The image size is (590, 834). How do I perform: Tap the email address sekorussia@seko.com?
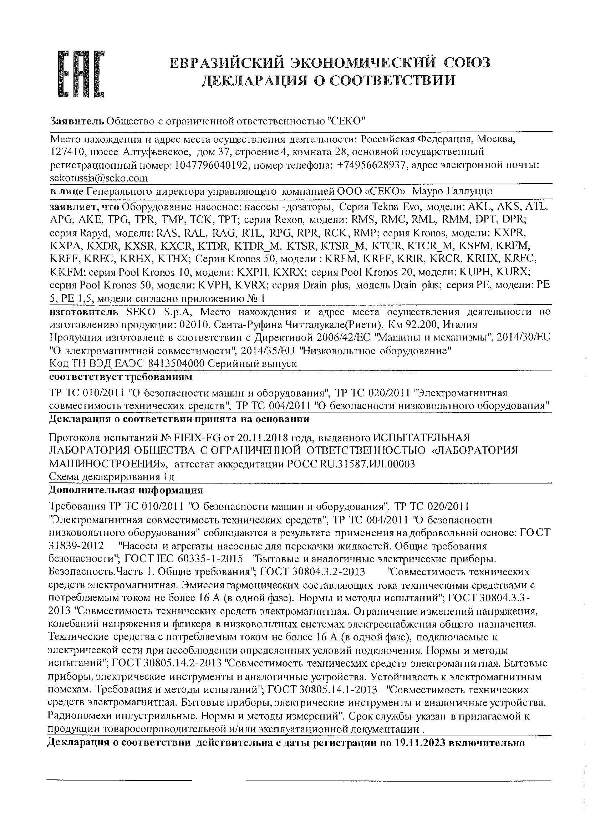pos(99,178)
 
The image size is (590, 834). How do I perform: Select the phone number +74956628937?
pos(371,165)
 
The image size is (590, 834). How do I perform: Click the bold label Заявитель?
pos(77,121)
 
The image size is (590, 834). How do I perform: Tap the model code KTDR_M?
pos(257,246)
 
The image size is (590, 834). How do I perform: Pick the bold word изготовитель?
pos(84,312)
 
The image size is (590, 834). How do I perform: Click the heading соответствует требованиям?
pos(120,377)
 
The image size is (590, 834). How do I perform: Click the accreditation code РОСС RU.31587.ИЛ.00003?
pos(351,464)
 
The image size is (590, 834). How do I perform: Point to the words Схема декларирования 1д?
pos(112,477)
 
